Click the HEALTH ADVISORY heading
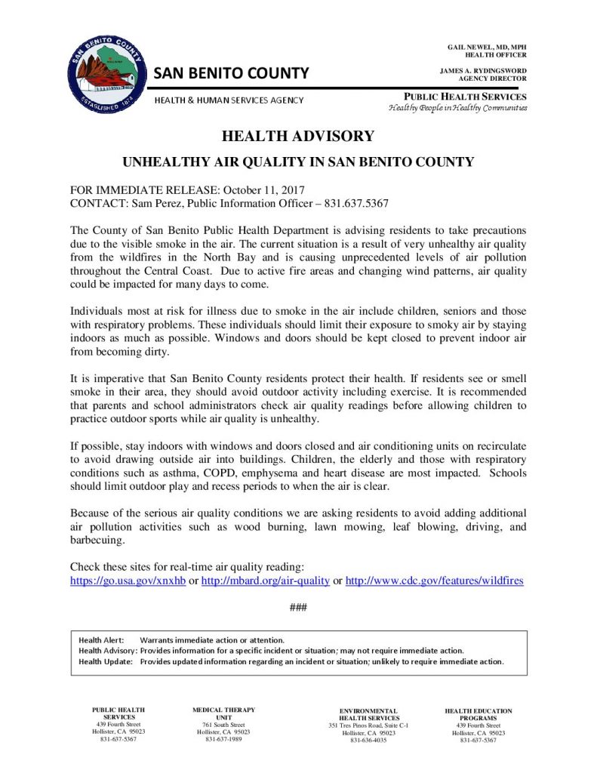click(298, 136)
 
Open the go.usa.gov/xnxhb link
click(128, 581)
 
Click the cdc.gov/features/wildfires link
click(434, 581)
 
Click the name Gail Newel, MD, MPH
click(487, 48)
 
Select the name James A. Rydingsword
click(483, 71)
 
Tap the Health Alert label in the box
click(101, 640)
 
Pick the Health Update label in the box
click(105, 661)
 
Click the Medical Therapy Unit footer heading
click(223, 713)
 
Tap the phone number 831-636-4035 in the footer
click(368, 741)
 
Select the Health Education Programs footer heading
click(479, 714)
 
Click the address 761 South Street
click(223, 724)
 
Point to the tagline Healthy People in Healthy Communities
click(457, 108)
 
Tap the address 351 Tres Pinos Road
click(368, 725)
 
